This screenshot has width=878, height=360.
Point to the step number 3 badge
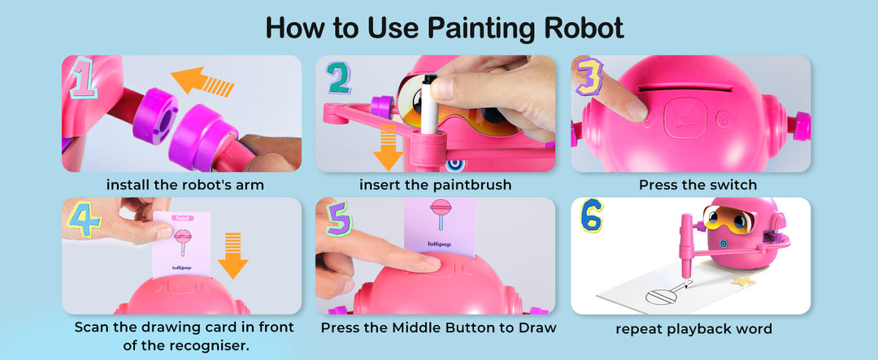tap(589, 75)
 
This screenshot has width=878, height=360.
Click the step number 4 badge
tap(85, 219)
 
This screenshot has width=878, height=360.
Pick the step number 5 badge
tap(339, 218)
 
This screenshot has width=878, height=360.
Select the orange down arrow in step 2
tap(388, 147)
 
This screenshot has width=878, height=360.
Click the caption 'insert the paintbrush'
tap(435, 184)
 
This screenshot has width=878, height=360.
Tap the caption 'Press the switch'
tap(698, 184)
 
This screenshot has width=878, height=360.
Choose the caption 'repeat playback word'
tap(693, 328)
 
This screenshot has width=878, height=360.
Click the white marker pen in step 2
tap(429, 104)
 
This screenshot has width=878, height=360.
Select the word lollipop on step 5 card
tap(440, 244)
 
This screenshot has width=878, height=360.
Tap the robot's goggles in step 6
tap(728, 219)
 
